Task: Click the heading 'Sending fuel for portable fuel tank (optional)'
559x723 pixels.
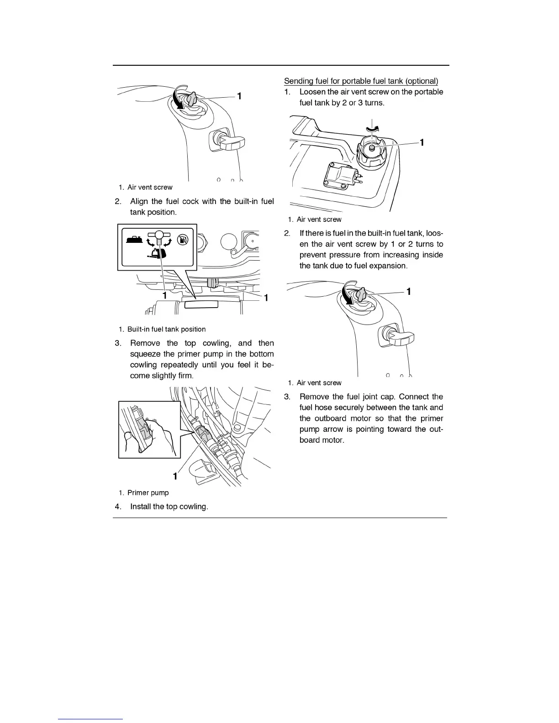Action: click(361, 81)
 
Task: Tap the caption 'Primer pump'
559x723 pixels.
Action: click(148, 493)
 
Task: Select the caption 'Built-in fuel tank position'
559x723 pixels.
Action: click(166, 330)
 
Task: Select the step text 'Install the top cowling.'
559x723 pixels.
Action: click(169, 507)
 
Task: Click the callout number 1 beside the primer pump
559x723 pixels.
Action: click(175, 476)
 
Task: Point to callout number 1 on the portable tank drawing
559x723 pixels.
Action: click(422, 142)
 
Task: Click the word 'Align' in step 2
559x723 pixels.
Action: click(139, 201)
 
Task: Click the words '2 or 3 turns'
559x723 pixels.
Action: click(363, 103)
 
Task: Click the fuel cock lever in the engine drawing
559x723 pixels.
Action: click(211, 283)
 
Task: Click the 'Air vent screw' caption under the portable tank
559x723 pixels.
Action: click(319, 220)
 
